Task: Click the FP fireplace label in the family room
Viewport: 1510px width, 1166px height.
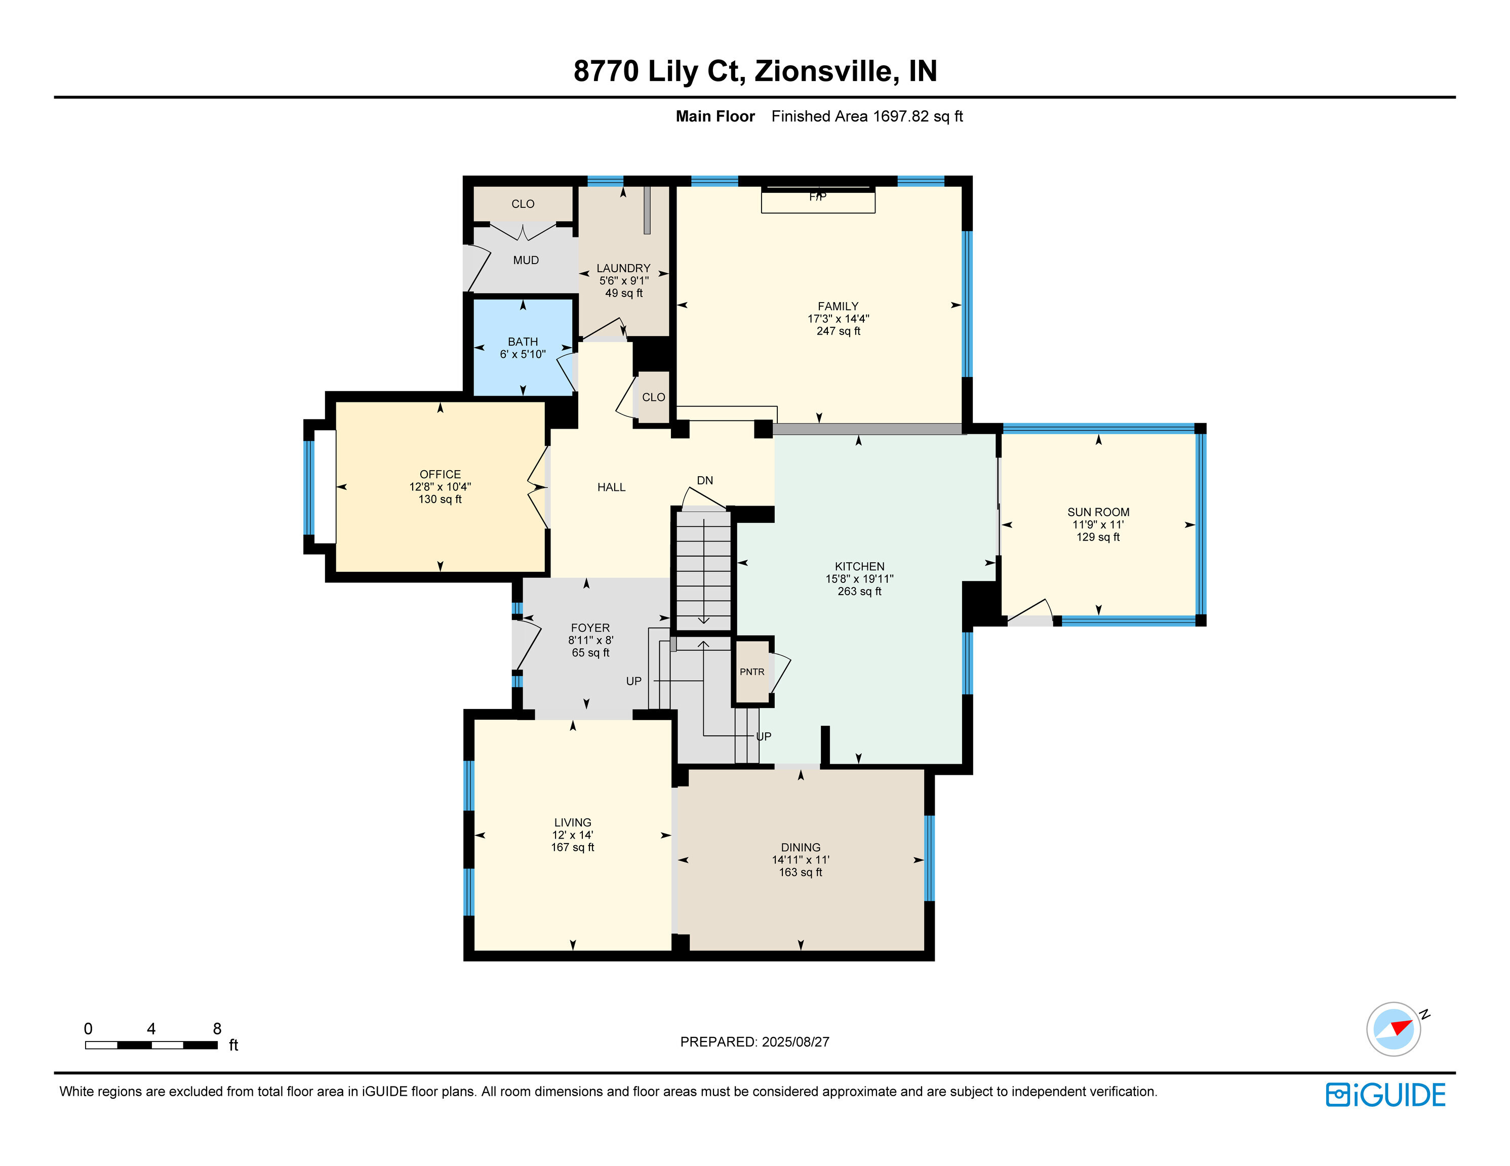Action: point(817,197)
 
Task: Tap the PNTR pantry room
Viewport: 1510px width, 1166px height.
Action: point(751,672)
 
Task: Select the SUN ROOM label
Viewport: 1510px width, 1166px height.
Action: point(1098,512)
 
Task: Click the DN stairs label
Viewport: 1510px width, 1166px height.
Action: point(704,480)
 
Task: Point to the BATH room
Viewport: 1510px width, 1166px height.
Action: point(523,347)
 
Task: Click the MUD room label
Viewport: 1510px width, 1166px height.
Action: point(526,261)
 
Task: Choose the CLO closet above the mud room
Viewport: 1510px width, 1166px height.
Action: point(523,204)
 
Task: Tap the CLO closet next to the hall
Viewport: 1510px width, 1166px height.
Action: point(653,397)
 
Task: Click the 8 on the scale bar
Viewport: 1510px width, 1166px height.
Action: point(217,1028)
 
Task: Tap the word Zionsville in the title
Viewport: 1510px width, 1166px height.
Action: point(826,71)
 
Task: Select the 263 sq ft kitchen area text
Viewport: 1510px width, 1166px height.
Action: point(859,591)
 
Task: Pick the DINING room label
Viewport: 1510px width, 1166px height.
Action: point(801,847)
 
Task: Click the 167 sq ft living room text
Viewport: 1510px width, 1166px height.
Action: point(573,847)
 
